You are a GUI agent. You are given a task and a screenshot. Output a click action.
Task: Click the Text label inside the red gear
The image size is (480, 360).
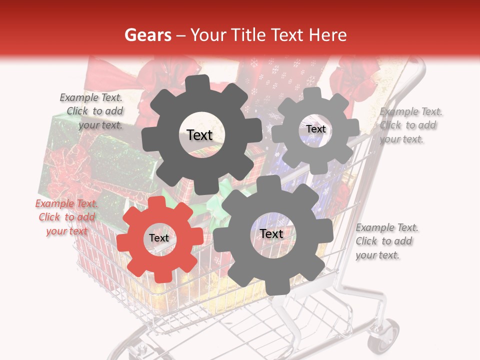click(159, 238)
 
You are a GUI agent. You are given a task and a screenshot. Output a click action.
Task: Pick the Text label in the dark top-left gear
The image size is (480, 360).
click(199, 135)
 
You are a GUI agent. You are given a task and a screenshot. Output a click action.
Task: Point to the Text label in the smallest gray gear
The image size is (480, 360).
click(316, 129)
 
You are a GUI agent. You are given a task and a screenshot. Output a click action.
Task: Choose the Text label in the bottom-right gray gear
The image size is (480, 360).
click(271, 234)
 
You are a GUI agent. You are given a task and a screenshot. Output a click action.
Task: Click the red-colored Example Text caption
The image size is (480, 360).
click(66, 217)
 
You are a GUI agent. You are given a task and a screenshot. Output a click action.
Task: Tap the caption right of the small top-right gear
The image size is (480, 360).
click(410, 125)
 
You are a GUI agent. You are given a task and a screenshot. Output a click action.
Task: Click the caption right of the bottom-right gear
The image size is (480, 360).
click(386, 241)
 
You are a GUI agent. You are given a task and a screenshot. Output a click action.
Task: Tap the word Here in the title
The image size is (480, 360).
click(328, 35)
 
